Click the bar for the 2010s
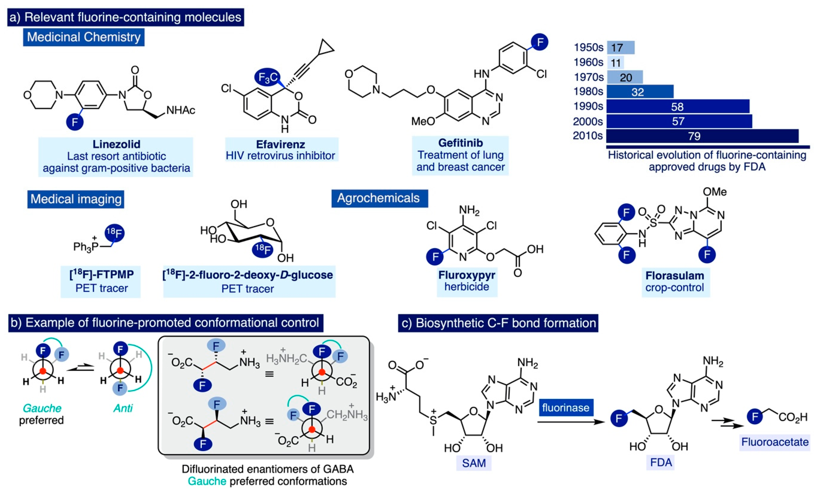(x=702, y=136)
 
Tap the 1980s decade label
(x=588, y=91)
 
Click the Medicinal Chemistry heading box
(x=83, y=37)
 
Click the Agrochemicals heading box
(x=379, y=198)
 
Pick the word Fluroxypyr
(x=466, y=275)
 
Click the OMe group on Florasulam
(x=714, y=192)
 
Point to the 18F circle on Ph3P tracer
(x=114, y=234)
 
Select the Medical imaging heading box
(x=76, y=199)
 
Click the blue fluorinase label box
(x=565, y=408)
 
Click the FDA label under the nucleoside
(x=661, y=462)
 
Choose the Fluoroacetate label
(x=775, y=442)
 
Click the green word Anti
(x=123, y=408)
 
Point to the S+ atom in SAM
(x=433, y=420)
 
